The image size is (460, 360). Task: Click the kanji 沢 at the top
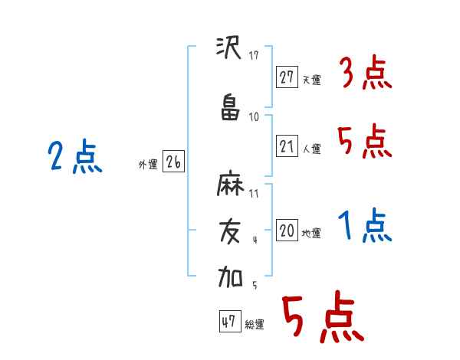tap(228, 47)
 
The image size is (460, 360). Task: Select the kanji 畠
tap(230, 107)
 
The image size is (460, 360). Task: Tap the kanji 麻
tap(230, 183)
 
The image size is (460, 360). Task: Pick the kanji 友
tap(230, 232)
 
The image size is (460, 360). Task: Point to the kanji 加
tap(230, 277)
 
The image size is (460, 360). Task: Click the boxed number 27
tap(287, 77)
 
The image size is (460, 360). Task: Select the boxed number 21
tap(287, 146)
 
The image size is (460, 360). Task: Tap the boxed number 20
tap(287, 230)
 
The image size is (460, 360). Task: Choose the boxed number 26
tap(173, 161)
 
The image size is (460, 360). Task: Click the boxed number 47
tap(230, 321)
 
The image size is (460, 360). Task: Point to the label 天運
tap(311, 80)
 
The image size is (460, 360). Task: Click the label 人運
tap(311, 149)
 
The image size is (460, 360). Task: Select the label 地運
tap(311, 234)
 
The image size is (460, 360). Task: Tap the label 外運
tap(148, 165)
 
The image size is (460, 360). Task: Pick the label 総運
tap(255, 324)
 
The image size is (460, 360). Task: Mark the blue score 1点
tap(365, 225)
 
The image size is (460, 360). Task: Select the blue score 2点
tap(75, 156)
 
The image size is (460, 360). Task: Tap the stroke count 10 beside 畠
tap(254, 117)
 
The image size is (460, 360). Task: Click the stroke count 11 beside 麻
tap(254, 194)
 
